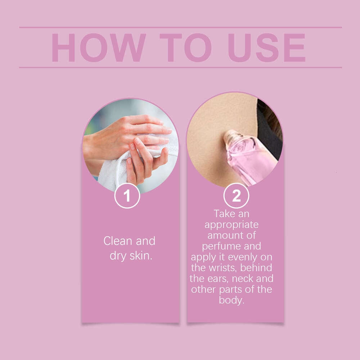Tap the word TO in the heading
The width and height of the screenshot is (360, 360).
point(185,48)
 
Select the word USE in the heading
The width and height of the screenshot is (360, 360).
point(266,48)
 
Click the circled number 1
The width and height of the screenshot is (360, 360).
point(127,195)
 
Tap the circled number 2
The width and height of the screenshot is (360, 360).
point(236,195)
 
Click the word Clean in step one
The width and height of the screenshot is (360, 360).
point(118,241)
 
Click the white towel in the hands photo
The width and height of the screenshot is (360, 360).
point(120,168)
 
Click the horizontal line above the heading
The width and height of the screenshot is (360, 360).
point(180,27)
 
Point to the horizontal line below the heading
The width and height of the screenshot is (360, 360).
point(180,68)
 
